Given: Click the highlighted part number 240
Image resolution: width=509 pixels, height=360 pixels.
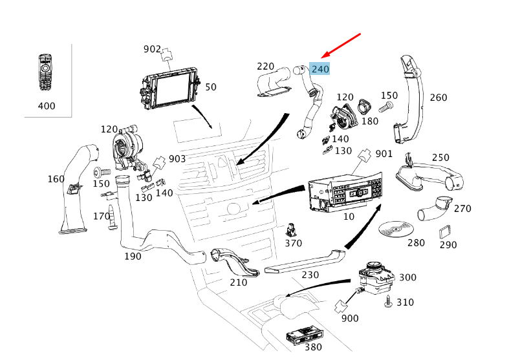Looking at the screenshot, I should coord(320,69).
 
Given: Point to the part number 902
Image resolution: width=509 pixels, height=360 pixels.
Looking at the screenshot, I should coord(152,48).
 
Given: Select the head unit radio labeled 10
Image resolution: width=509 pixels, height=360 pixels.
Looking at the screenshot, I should coord(343,191).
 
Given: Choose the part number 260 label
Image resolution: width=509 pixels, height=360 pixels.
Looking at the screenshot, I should coord(438,98).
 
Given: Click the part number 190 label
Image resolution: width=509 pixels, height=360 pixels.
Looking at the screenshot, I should coord(133,256).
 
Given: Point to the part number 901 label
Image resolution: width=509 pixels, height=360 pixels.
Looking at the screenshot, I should coord(384,154).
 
